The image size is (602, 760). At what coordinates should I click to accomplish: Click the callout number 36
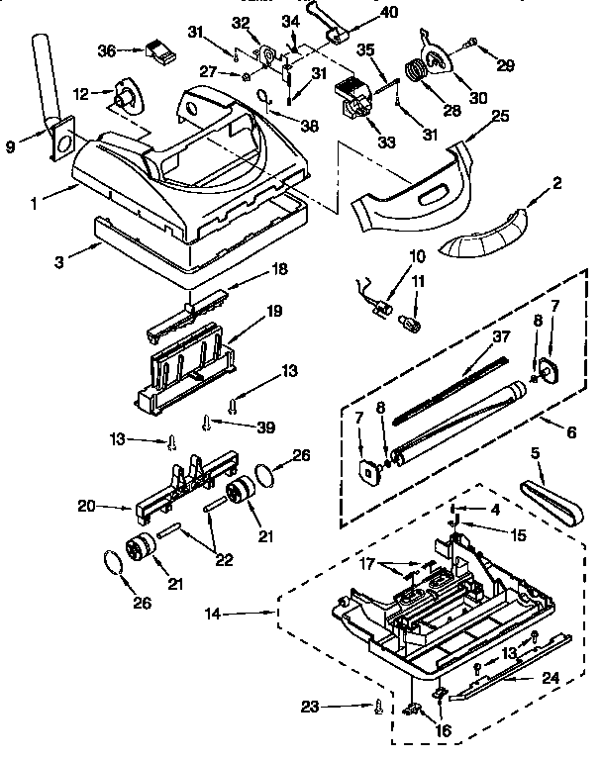tap(107, 49)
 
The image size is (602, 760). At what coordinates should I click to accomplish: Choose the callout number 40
tap(391, 13)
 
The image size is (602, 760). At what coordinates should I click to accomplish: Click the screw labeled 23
tap(377, 708)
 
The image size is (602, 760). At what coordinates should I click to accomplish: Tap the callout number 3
tap(64, 261)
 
